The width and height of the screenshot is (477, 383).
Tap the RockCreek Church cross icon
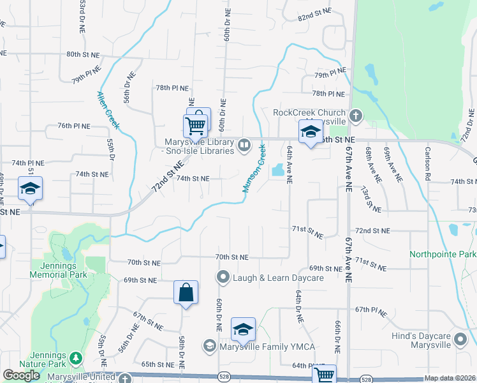(x=356, y=116)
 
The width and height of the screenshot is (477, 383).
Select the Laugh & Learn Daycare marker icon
(x=223, y=277)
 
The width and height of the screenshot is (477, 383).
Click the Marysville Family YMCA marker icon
(x=209, y=346)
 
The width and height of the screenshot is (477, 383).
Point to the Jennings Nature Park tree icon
(x=77, y=358)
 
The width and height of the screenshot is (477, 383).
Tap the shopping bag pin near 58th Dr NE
(x=184, y=293)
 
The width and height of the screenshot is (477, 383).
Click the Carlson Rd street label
(x=429, y=164)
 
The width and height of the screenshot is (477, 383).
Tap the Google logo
(x=21, y=375)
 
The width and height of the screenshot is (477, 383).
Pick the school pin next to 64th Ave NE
(x=310, y=132)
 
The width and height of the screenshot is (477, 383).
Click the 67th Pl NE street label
(x=372, y=309)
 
